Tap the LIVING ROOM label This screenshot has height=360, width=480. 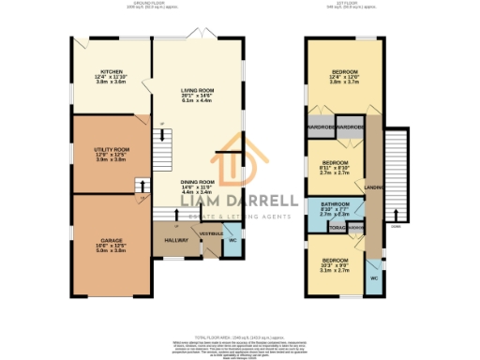(x=198, y=92)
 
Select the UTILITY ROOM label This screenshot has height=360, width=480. (x=111, y=150)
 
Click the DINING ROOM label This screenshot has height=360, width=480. (x=198, y=182)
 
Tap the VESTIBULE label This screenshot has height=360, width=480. (x=210, y=233)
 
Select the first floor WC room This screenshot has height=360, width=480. (x=373, y=278)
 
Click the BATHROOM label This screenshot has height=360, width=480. (x=335, y=204)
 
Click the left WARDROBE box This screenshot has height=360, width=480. (x=320, y=127)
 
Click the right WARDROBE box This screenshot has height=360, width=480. (x=350, y=127)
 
